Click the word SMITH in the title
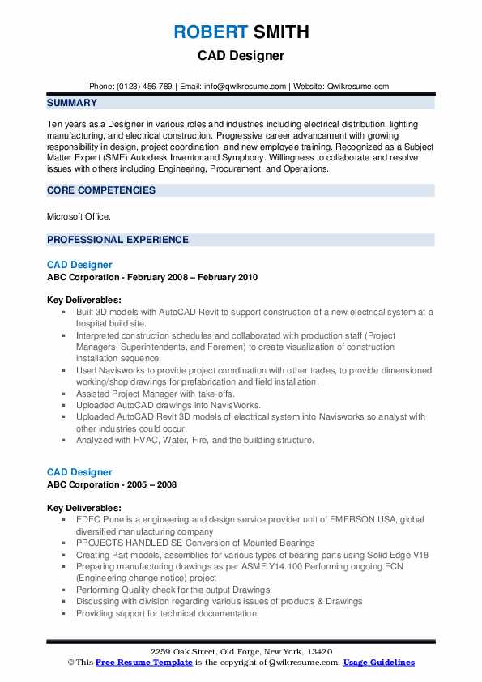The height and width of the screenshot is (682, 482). point(279,33)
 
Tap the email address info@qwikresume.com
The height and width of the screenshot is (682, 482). point(246,86)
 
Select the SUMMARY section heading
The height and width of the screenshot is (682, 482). point(72,103)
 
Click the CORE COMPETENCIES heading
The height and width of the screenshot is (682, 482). point(101,190)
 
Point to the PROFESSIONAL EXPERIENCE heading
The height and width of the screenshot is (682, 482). point(117,240)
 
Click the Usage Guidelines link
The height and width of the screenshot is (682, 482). point(379,663)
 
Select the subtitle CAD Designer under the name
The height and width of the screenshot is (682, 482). point(241,57)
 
